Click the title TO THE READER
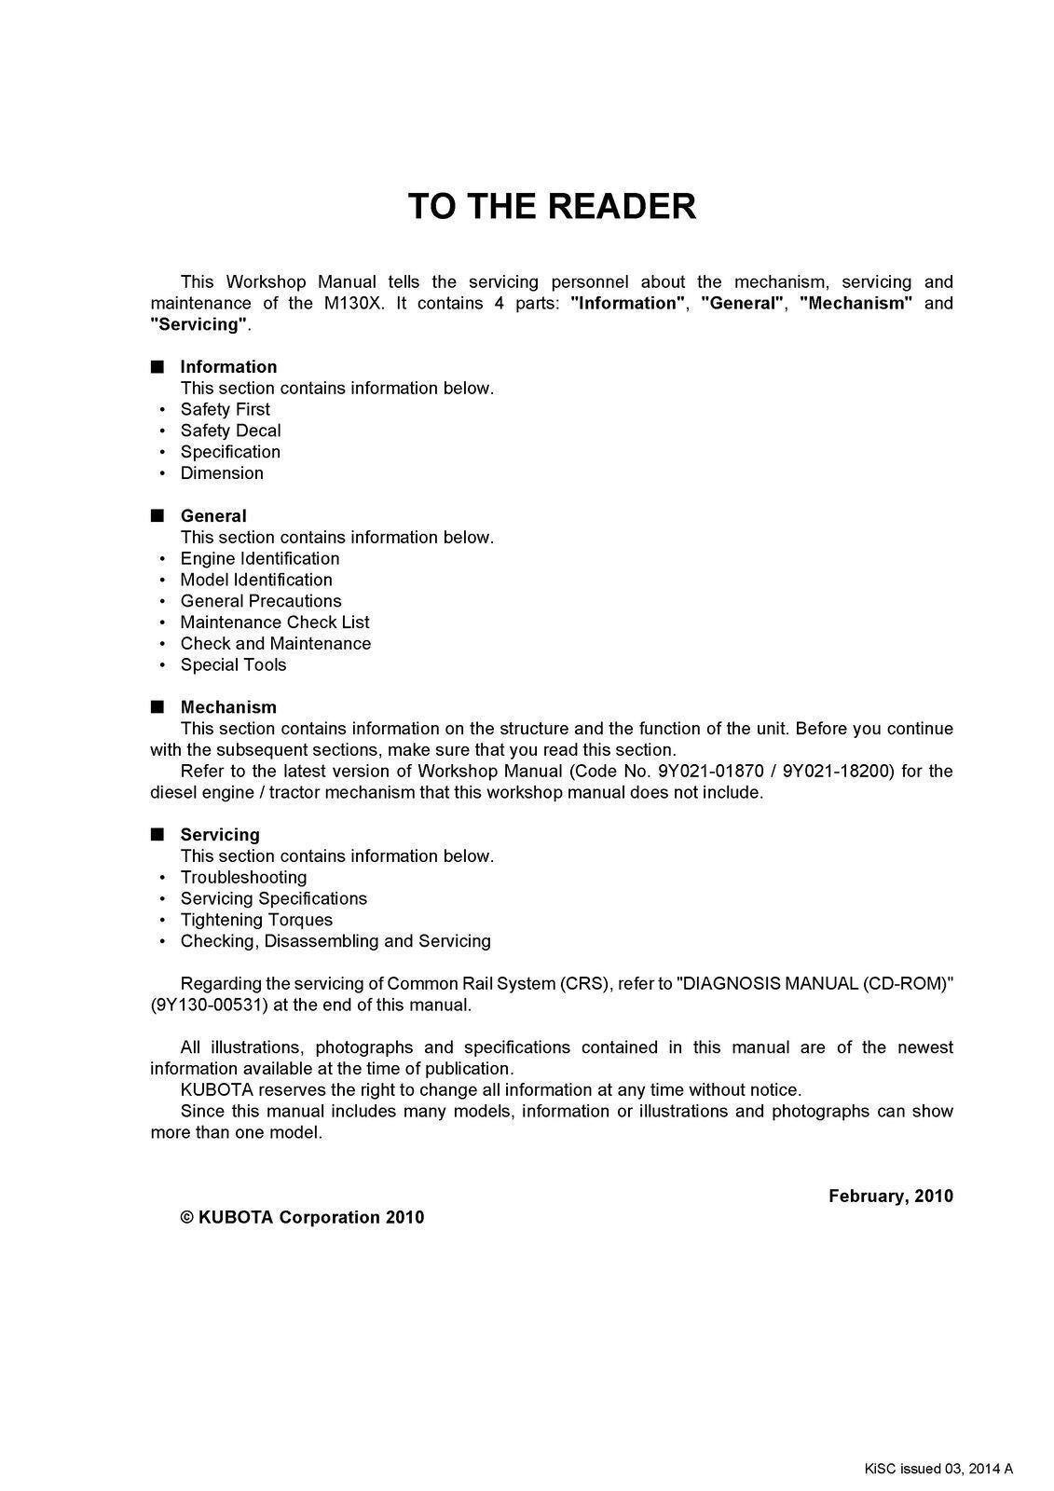pyautogui.click(x=552, y=207)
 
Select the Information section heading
pyautogui.click(x=228, y=367)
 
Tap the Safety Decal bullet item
pyautogui.click(x=230, y=431)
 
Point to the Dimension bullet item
pyautogui.click(x=222, y=473)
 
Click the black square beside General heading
pyautogui.click(x=157, y=515)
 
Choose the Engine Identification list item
pyautogui.click(x=260, y=558)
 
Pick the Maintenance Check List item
pyautogui.click(x=275, y=622)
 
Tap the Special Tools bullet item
pyautogui.click(x=233, y=664)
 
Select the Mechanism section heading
pyautogui.click(x=228, y=707)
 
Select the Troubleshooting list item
pyautogui.click(x=243, y=877)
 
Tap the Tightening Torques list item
pyautogui.click(x=256, y=920)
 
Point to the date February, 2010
pyautogui.click(x=890, y=1196)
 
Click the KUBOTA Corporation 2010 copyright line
pyautogui.click(x=302, y=1217)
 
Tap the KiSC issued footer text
pyautogui.click(x=938, y=1470)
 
